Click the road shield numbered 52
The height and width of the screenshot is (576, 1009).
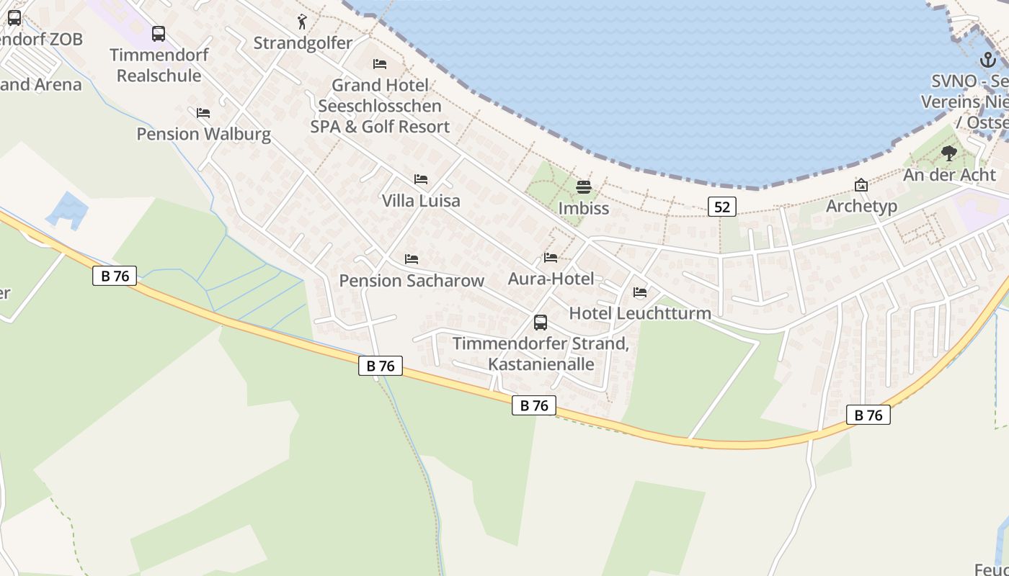[721, 207]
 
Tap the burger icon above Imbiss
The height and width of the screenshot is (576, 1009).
[584, 188]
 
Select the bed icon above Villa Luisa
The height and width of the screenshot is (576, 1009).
[421, 179]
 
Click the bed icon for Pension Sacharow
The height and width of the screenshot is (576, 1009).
[412, 258]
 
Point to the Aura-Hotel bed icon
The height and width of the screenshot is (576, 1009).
[551, 258]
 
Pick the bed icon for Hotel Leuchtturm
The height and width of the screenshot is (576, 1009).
[639, 292]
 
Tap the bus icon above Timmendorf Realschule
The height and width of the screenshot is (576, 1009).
[159, 34]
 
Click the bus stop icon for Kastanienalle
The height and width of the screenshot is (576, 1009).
[541, 323]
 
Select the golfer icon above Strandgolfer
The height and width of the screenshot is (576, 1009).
[302, 22]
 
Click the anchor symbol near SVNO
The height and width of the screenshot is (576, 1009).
[987, 60]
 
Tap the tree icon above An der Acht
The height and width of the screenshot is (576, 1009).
[949, 153]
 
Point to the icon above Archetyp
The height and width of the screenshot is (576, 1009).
[861, 185]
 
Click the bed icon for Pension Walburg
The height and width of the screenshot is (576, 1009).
[203, 113]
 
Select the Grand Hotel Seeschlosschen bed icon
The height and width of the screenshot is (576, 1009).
[380, 64]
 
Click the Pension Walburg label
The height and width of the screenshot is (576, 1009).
[204, 134]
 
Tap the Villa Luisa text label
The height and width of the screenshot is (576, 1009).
[421, 201]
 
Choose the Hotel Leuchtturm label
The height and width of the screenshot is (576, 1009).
[640, 313]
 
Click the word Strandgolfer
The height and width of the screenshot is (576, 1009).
[303, 43]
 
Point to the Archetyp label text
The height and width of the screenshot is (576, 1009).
[861, 206]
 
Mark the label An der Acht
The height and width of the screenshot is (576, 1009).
[949, 175]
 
